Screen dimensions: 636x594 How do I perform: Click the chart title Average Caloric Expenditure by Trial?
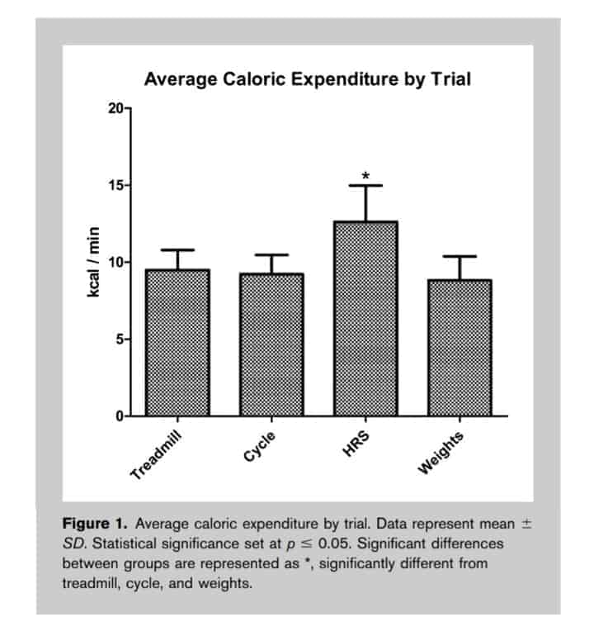(x=308, y=79)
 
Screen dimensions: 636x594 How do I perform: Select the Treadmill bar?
(x=177, y=343)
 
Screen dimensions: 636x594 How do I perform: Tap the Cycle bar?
(x=271, y=345)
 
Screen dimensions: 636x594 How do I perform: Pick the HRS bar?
(x=365, y=318)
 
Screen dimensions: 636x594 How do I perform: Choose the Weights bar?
(x=460, y=348)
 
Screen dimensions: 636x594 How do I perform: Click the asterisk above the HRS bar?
(x=365, y=176)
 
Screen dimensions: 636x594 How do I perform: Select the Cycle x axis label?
(x=260, y=447)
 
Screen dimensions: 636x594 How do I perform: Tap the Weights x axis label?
(x=442, y=452)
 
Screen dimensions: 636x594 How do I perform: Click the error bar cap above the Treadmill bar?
(x=177, y=249)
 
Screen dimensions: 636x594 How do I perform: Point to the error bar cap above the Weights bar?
(x=460, y=256)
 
